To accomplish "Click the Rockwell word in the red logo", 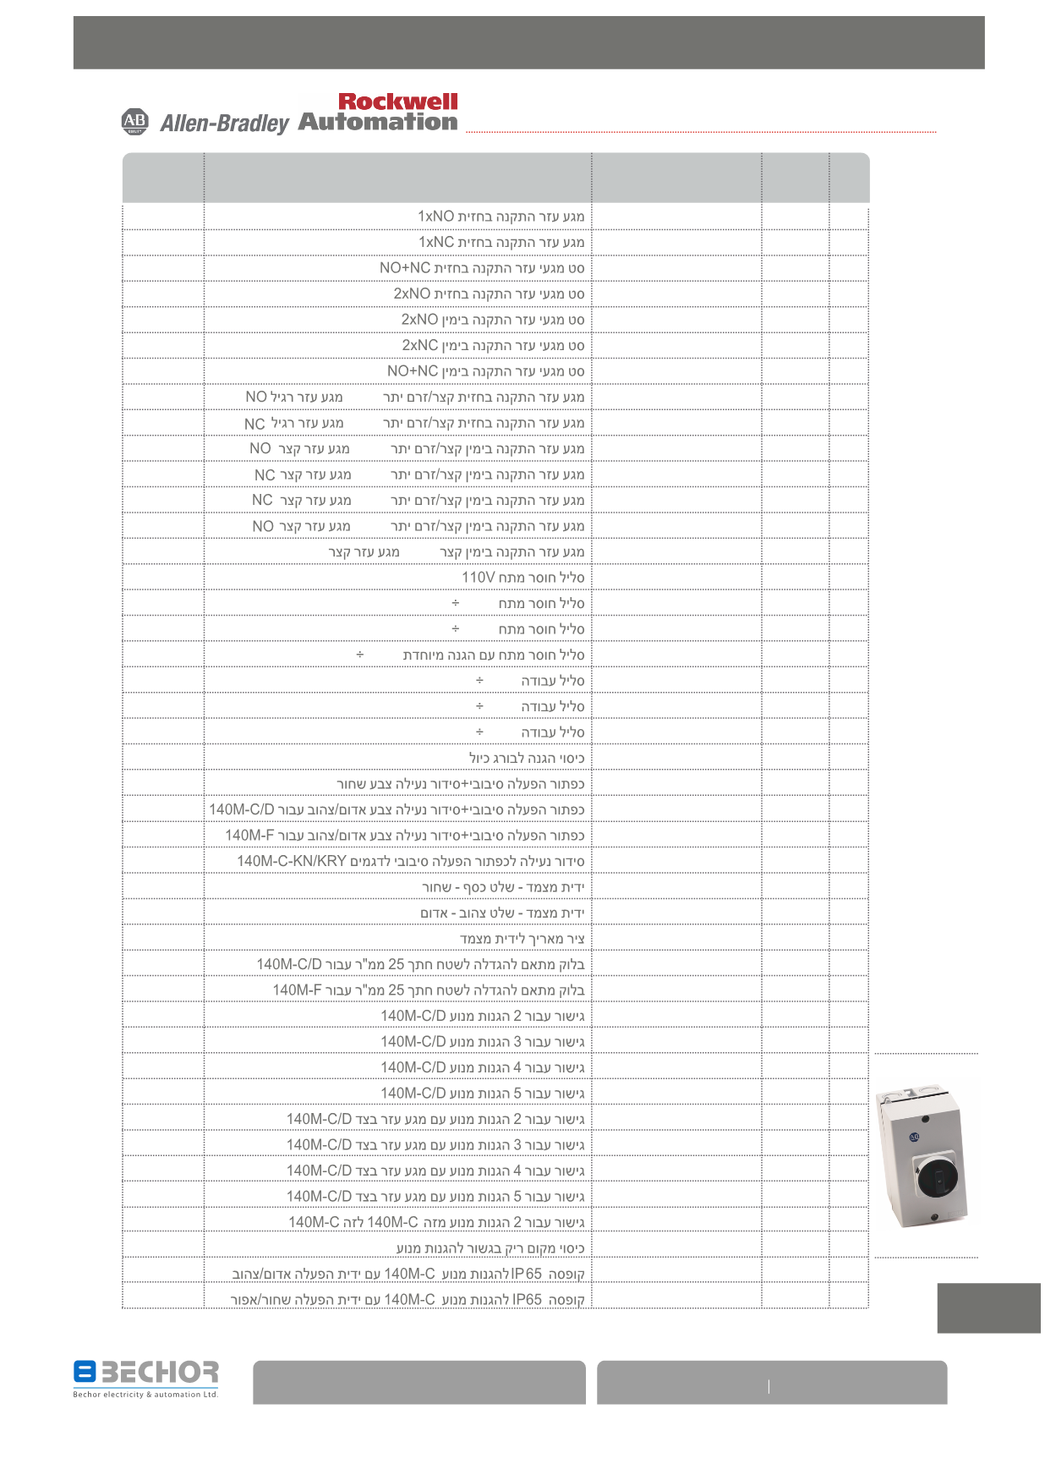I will tap(397, 101).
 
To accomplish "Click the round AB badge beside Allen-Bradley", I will tap(135, 122).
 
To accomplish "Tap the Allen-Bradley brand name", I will tap(224, 123).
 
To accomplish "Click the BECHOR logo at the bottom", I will tap(145, 1373).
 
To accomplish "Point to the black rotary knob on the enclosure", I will tap(936, 1175).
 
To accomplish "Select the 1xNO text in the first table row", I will tap(436, 217).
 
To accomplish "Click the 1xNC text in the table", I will tap(436, 243).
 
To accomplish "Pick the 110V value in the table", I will tap(478, 578).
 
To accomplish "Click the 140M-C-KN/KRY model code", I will tap(292, 861).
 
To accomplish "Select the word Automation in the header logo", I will tap(378, 123).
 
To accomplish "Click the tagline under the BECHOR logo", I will tap(145, 1395).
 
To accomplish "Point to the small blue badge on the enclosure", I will tap(913, 1138).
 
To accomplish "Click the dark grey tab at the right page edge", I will tap(988, 1308).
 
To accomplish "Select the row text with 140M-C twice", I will tap(436, 1222).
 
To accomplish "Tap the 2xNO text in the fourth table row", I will tap(412, 293).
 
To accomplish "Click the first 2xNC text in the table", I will tap(420, 345).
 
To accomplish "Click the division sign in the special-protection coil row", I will tap(360, 655).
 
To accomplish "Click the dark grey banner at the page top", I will tap(528, 42).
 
